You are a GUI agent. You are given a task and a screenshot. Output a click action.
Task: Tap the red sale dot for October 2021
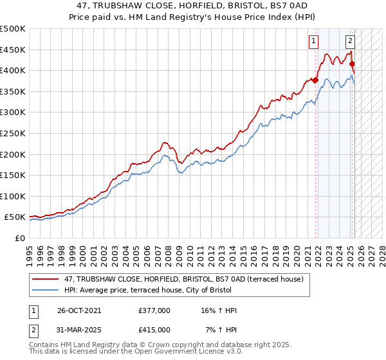[315, 80]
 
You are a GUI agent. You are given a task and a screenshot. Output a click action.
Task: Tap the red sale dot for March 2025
[352, 64]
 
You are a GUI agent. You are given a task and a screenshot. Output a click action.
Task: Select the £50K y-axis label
[15, 217]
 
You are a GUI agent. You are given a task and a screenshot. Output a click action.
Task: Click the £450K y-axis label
[13, 50]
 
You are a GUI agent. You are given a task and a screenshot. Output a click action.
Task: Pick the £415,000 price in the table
[154, 330]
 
